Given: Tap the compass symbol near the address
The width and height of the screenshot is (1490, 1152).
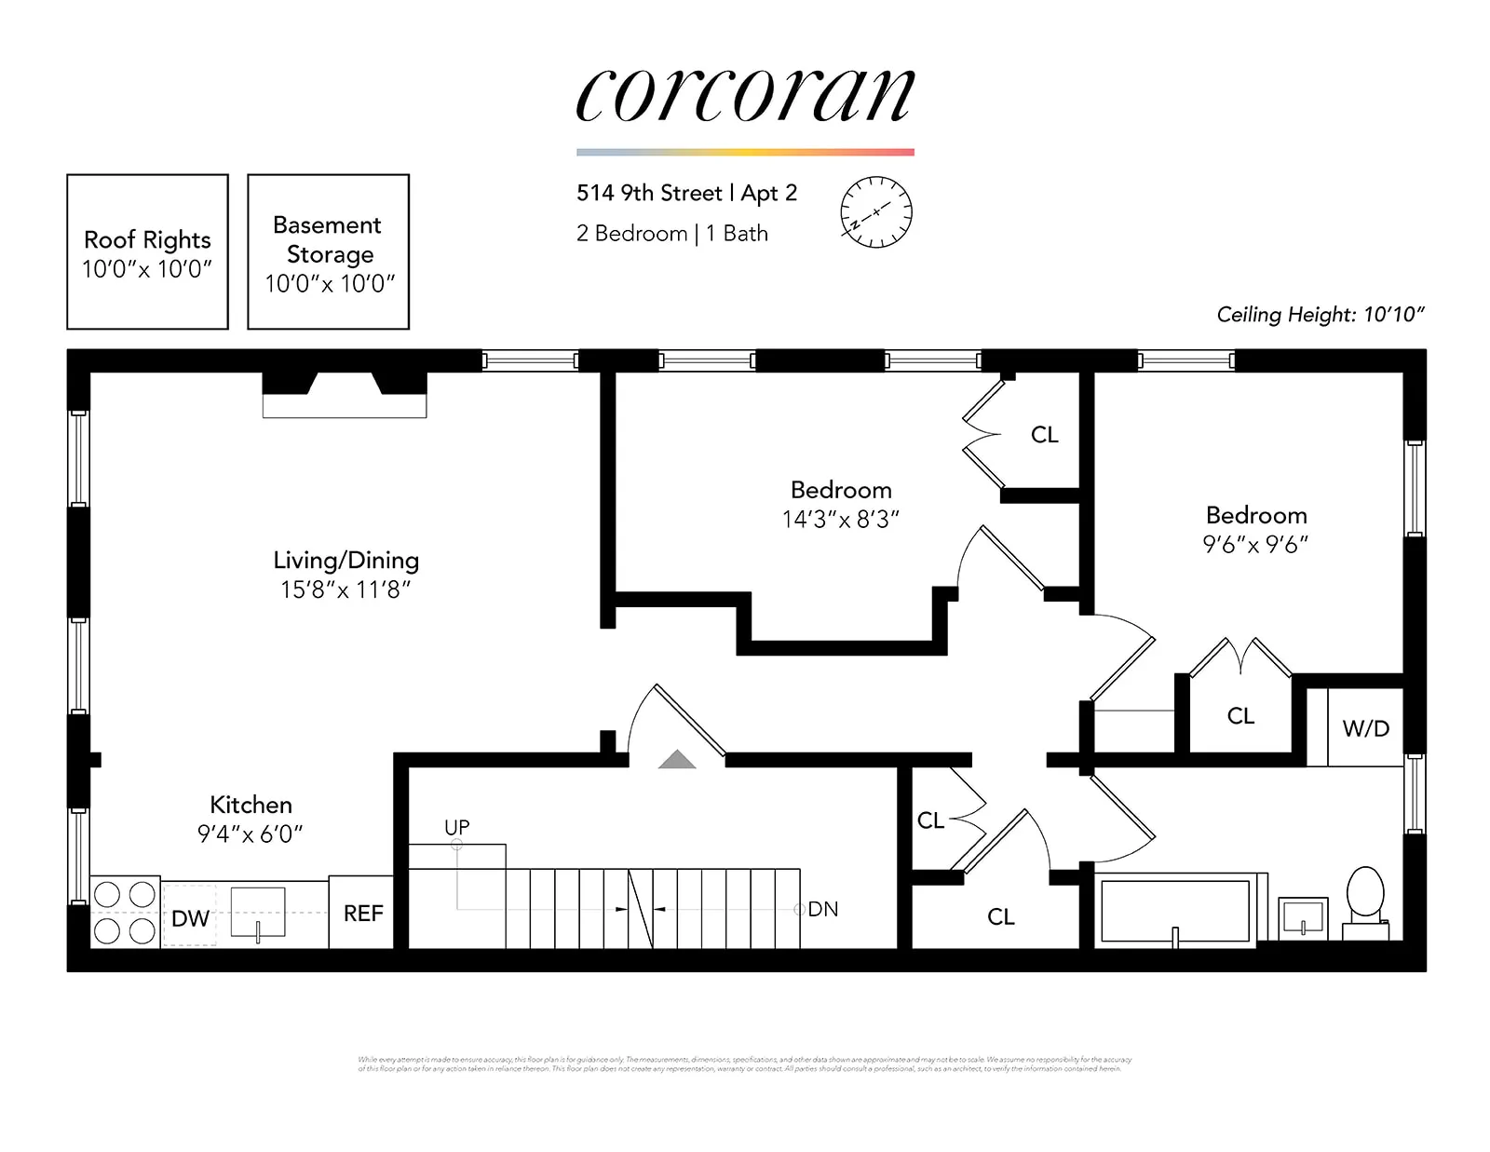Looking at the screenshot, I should pyautogui.click(x=876, y=212).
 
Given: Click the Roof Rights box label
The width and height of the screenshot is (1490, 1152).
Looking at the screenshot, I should pyautogui.click(x=147, y=240).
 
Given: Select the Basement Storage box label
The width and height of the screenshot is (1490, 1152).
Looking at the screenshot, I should pyautogui.click(x=329, y=240).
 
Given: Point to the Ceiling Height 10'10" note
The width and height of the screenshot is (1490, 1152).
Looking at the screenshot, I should pyautogui.click(x=1320, y=315).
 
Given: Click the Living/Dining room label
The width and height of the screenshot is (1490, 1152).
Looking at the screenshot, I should pyautogui.click(x=345, y=561).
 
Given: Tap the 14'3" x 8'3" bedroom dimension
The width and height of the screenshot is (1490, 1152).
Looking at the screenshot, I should pyautogui.click(x=840, y=520).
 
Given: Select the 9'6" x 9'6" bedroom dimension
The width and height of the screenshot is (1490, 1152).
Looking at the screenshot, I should pyautogui.click(x=1255, y=545).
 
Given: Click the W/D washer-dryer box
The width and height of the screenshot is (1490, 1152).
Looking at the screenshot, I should pyautogui.click(x=1365, y=729).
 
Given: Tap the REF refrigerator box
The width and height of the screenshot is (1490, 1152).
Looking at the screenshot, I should pyautogui.click(x=362, y=914).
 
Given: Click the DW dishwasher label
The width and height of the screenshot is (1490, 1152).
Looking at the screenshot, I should pyautogui.click(x=190, y=919).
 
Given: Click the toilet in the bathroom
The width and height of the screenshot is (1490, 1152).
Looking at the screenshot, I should pyautogui.click(x=1365, y=896).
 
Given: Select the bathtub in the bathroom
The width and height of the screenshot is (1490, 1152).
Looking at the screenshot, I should pyautogui.click(x=1175, y=911).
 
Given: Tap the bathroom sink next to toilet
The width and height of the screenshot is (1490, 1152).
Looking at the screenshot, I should pyautogui.click(x=1303, y=915).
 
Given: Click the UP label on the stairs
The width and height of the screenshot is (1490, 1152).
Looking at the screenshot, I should pyautogui.click(x=456, y=827).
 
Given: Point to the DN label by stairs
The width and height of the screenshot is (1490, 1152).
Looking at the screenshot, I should pyautogui.click(x=822, y=909).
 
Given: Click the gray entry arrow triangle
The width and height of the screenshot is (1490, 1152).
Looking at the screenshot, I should pyautogui.click(x=677, y=760).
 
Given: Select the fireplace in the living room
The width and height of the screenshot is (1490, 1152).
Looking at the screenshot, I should pyautogui.click(x=345, y=395).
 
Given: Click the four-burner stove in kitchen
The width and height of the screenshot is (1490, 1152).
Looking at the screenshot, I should pyautogui.click(x=125, y=913).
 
